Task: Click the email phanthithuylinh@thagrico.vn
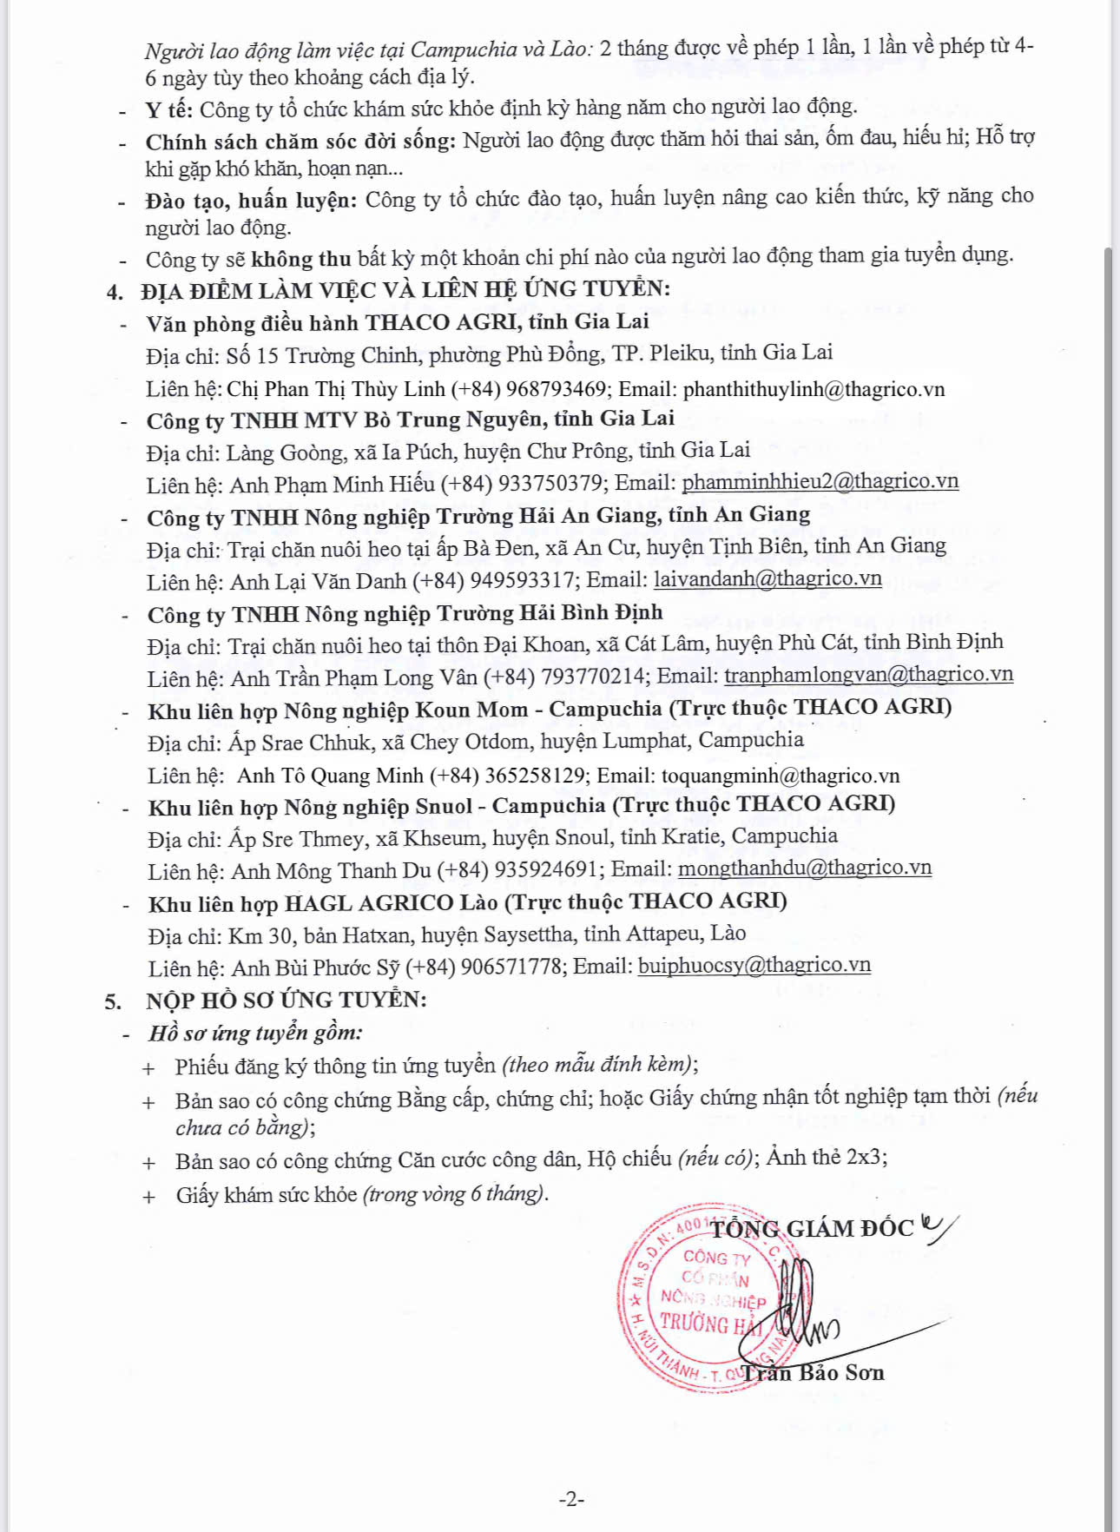(x=814, y=388)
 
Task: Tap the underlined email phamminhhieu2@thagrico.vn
(x=820, y=481)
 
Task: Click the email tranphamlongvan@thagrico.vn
(x=868, y=675)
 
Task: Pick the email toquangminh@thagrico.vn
(x=780, y=775)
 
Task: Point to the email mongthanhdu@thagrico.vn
(x=804, y=868)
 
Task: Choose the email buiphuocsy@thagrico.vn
(x=754, y=965)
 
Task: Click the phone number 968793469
(x=556, y=388)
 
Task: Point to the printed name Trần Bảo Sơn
(x=814, y=1373)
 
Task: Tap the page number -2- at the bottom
(x=570, y=1498)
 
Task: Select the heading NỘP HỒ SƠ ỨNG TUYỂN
(x=286, y=1000)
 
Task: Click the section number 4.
(x=115, y=291)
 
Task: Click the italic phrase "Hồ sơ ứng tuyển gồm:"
(x=255, y=1033)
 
